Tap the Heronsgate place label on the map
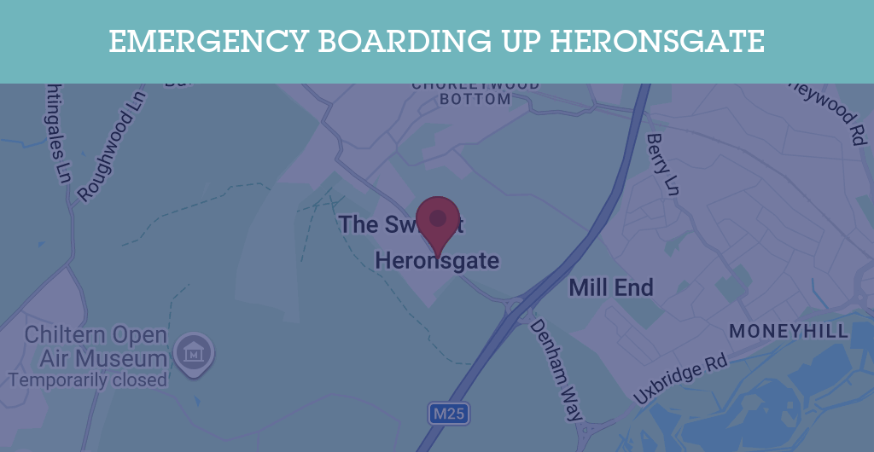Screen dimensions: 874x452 tap(437, 261)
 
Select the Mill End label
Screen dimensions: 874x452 tap(611, 287)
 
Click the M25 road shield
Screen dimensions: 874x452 tap(448, 414)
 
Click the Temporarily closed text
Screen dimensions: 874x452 tap(87, 380)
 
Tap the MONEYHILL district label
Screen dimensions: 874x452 tap(789, 331)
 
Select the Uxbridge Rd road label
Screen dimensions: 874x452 tap(680, 380)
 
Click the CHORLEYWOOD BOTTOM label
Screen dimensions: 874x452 tap(475, 92)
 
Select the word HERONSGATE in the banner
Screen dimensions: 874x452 tap(656, 41)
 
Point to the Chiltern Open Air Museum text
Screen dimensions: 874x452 tap(95, 345)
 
